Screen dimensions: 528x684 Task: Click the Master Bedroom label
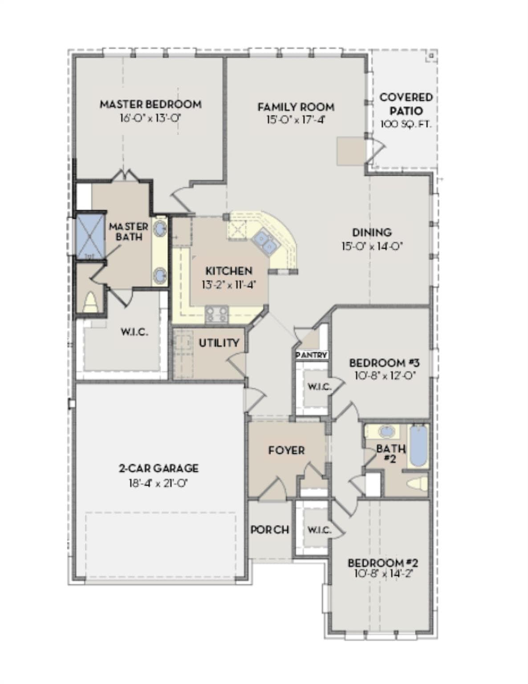pos(151,104)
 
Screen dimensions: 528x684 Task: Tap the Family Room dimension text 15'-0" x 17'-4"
pos(296,120)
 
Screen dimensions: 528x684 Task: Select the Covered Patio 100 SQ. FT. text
pos(406,124)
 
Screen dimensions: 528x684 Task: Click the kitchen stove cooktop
pos(216,314)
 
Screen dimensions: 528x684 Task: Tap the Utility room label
pos(219,343)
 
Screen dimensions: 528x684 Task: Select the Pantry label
pos(312,355)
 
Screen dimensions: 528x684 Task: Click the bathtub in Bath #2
pos(418,446)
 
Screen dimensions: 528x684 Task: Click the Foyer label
pos(286,450)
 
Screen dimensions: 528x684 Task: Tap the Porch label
pos(270,530)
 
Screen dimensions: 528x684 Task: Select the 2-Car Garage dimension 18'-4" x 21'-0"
pos(158,483)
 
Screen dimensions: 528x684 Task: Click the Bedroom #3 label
pos(384,363)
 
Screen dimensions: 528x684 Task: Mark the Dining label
pos(372,232)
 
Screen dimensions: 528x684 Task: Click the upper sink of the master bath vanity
pos(160,228)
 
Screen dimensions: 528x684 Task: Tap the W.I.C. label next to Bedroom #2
pos(319,530)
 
